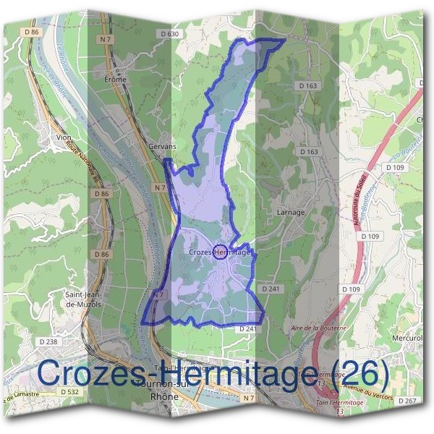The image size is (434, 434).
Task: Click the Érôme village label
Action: [x=115, y=79]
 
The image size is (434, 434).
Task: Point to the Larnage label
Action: [x=291, y=213]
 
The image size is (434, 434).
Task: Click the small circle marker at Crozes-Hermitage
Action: [x=222, y=252]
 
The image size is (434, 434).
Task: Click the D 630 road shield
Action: [x=168, y=34]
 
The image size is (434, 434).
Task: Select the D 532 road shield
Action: [x=69, y=391]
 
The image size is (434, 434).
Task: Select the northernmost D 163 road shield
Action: [x=307, y=86]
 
